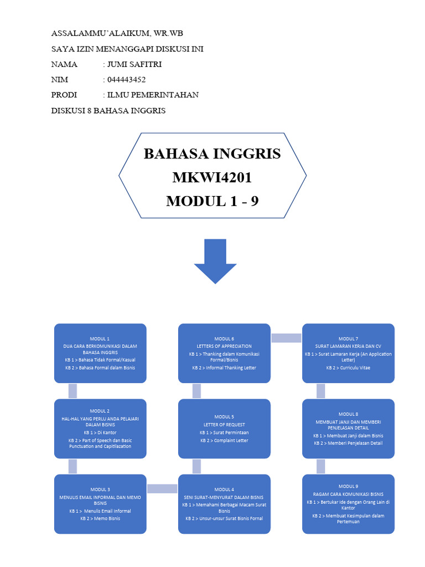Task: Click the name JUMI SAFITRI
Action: [134, 64]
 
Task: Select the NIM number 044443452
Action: [126, 80]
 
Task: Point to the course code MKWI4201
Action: [212, 178]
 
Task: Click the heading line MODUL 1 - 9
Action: [212, 202]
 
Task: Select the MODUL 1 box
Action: [100, 353]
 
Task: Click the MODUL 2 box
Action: [100, 429]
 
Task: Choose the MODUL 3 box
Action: [100, 504]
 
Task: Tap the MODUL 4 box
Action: [224, 504]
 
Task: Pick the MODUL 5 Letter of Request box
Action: [224, 429]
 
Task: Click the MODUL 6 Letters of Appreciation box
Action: [224, 353]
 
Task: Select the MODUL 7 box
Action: [348, 353]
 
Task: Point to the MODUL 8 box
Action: [348, 429]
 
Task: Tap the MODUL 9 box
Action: [348, 504]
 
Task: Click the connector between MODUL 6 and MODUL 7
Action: [286, 338]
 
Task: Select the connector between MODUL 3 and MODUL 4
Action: [162, 488]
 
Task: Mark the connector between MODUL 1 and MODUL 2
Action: [72, 391]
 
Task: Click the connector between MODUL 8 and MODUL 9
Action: [320, 466]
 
